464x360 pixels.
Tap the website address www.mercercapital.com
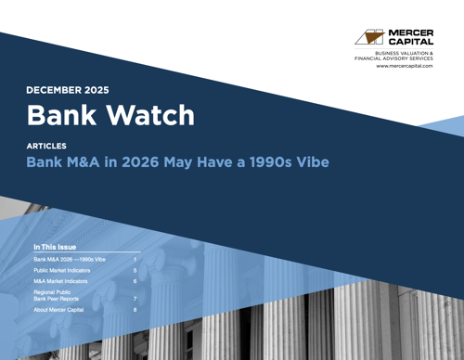(405, 66)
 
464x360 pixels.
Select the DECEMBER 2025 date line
(68, 90)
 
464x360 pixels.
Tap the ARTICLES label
(46, 147)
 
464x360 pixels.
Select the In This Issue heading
(55, 248)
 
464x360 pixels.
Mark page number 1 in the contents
(135, 260)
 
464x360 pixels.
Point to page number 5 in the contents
(135, 270)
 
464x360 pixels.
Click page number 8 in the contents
(135, 310)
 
